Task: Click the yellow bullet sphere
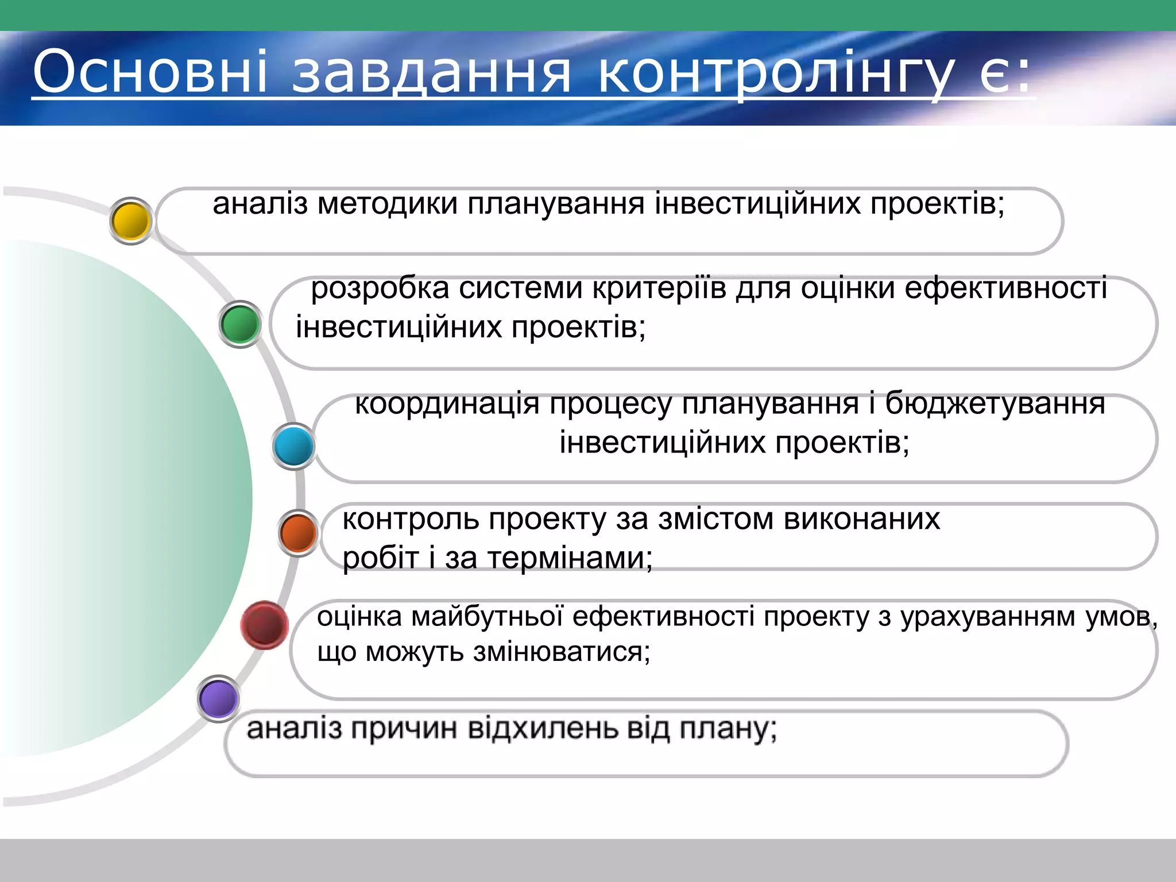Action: pyautogui.click(x=131, y=221)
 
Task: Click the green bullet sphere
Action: pyautogui.click(x=240, y=324)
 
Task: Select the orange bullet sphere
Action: pyautogui.click(x=297, y=533)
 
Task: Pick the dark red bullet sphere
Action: pyautogui.click(x=264, y=625)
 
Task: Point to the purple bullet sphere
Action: pyautogui.click(x=218, y=699)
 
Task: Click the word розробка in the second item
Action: pyautogui.click(x=380, y=288)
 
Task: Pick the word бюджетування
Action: pyautogui.click(x=995, y=403)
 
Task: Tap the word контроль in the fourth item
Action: pyautogui.click(x=411, y=519)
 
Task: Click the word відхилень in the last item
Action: pyautogui.click(x=543, y=729)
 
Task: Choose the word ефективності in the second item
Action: pyautogui.click(x=1005, y=288)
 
